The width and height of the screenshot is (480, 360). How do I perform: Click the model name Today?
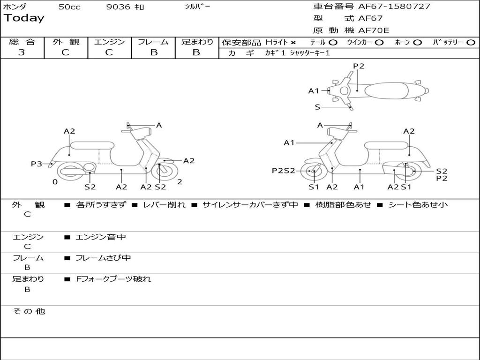[24, 18]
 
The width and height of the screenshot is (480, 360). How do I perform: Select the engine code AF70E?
[374, 30]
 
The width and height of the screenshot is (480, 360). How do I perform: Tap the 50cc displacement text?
[69, 7]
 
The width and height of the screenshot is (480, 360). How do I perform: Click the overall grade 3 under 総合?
[22, 52]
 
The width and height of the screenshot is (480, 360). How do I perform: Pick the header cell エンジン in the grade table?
[109, 42]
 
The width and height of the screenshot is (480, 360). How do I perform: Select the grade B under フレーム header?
[153, 52]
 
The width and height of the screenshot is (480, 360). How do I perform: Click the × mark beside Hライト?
[293, 43]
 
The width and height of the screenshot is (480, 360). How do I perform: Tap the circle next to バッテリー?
[471, 43]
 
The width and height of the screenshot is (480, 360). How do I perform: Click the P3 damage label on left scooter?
[37, 164]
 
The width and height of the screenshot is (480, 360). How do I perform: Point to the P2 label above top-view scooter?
[359, 66]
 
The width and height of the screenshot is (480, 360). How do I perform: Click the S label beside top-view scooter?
[317, 107]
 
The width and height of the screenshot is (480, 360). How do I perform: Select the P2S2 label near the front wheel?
[284, 171]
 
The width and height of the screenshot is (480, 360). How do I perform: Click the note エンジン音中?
[101, 237]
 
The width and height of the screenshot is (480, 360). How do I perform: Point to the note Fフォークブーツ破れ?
[113, 279]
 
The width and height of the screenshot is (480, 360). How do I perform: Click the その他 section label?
[29, 311]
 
